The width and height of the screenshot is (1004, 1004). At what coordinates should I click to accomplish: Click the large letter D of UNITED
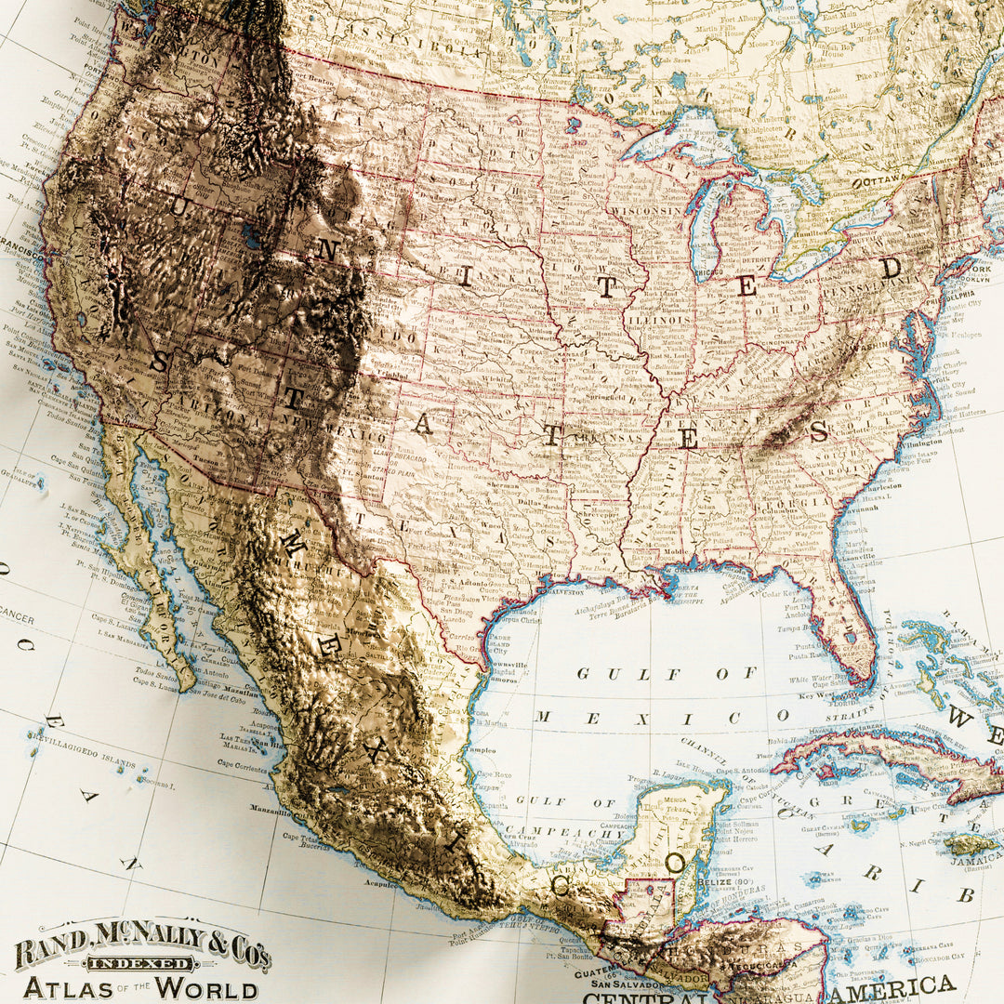[x=892, y=268]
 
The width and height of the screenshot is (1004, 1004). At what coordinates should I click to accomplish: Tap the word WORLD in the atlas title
[x=205, y=987]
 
